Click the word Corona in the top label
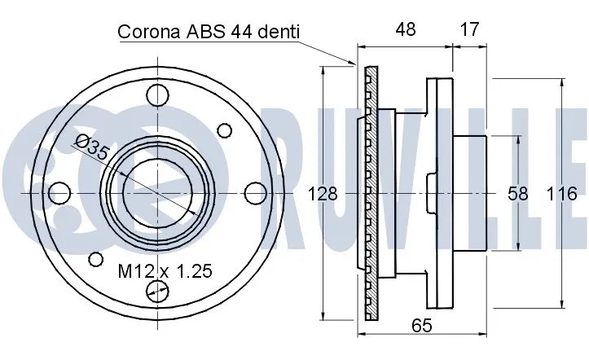[149, 33]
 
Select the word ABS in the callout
[206, 33]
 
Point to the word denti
[279, 33]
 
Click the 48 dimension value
[405, 30]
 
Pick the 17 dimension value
[469, 30]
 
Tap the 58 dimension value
[517, 194]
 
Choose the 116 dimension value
[561, 194]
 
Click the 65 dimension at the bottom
[420, 326]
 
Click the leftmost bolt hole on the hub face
[58, 193]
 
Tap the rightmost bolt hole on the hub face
[256, 193]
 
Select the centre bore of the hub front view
[156, 194]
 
